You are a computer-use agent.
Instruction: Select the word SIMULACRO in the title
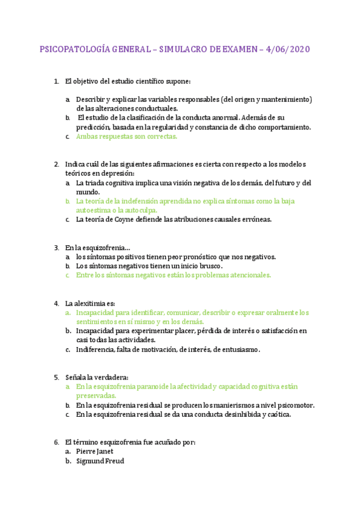tap(182, 49)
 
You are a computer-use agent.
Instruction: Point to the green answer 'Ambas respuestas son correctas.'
tap(126, 137)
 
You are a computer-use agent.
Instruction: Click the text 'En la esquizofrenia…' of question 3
tap(97, 247)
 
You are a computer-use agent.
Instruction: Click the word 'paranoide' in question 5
tap(149, 387)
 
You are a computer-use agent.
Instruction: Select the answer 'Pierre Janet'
tap(94, 451)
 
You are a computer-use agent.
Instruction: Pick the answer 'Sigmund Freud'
tap(100, 461)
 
